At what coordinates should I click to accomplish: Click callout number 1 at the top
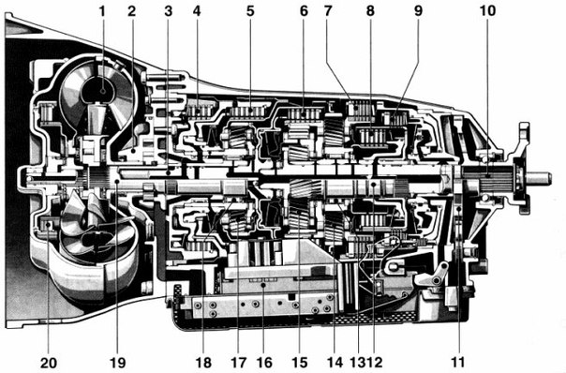point(102,11)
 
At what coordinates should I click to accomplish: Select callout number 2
point(132,11)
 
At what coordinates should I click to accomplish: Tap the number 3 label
point(169,11)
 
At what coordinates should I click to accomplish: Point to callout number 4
point(197,11)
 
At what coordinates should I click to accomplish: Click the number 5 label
point(250,11)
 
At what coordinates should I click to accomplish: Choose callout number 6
point(304,11)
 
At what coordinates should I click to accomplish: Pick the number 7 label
point(328,11)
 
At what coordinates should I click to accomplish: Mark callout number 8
point(370,11)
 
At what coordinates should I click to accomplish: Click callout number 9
point(418,11)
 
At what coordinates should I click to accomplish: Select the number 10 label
point(487,11)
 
